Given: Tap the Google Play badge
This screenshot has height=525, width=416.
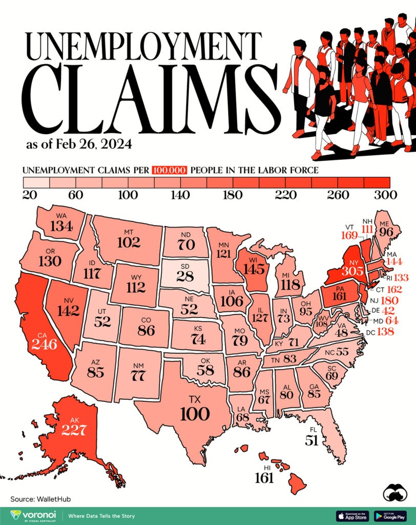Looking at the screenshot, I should pos(390,515).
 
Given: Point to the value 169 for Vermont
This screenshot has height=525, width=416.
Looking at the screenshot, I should pos(350,235).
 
